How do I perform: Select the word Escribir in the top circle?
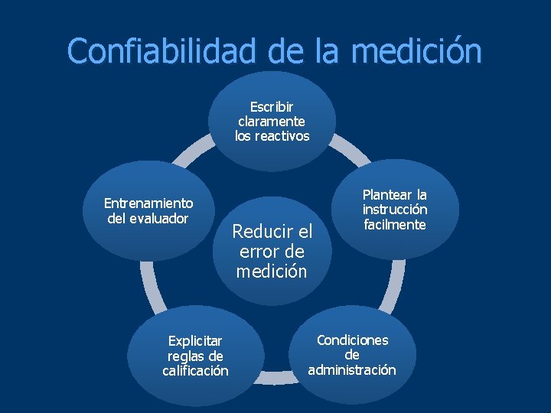[272, 106]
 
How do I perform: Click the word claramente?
[272, 121]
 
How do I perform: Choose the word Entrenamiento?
[148, 203]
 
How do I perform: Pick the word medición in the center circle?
[272, 271]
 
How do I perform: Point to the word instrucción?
[395, 209]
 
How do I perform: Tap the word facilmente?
[395, 224]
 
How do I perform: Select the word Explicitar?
[195, 340]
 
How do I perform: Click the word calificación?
[195, 371]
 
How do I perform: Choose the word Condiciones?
[352, 340]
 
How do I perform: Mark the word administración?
[352, 370]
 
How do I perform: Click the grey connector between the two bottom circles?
[272, 377]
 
